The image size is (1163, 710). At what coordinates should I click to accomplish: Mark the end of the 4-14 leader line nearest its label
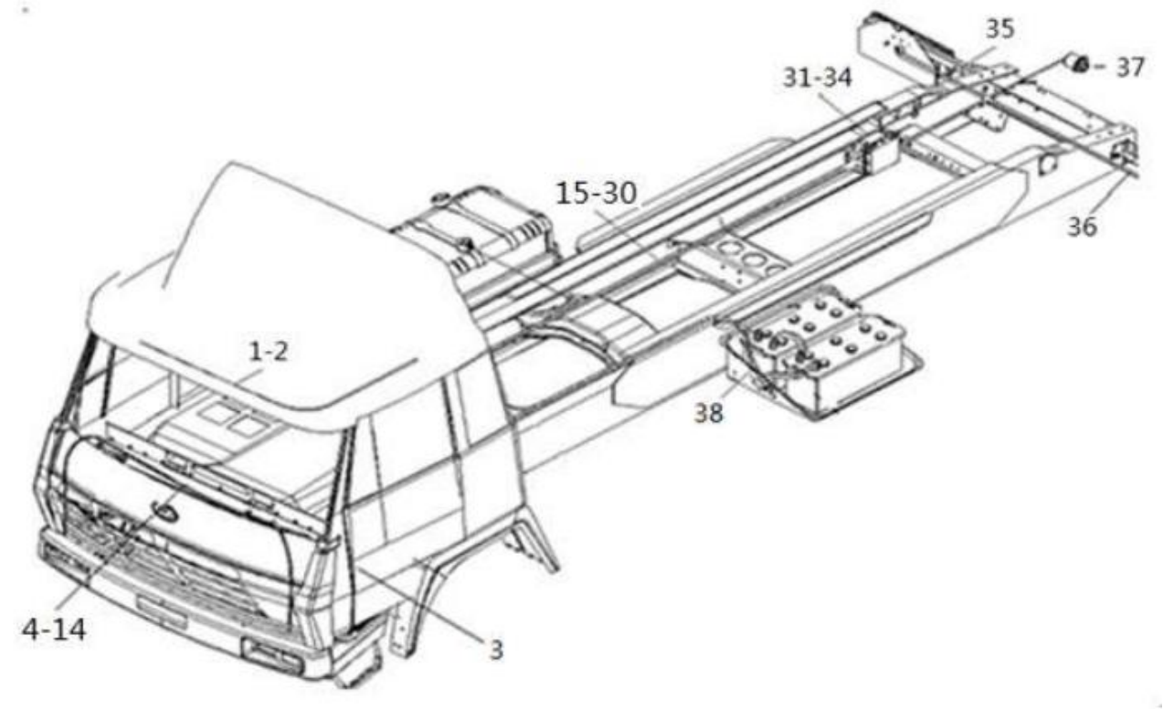58,609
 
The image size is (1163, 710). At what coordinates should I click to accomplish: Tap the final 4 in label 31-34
843,78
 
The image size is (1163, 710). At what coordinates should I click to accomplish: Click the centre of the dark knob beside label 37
1081,65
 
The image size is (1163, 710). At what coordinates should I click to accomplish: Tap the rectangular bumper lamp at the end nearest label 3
271,655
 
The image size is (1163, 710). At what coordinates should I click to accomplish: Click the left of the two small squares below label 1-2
218,413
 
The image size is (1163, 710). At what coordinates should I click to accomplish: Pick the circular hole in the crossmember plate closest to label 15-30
728,249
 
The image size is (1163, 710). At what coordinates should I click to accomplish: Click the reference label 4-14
54,630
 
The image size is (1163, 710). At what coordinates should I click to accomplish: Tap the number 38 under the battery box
709,413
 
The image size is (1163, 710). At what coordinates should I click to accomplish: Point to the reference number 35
1000,28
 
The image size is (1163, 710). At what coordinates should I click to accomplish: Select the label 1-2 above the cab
269,352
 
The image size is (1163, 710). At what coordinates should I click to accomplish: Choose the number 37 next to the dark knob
1130,68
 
